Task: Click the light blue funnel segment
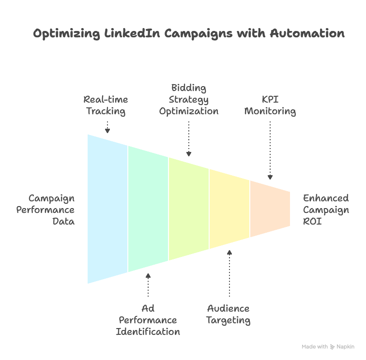click(x=107, y=209)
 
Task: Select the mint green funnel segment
click(x=148, y=209)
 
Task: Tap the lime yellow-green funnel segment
click(x=189, y=209)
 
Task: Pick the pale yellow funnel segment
click(x=229, y=209)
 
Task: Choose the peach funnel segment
click(x=270, y=209)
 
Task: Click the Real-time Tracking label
click(x=106, y=105)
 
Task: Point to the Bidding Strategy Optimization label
click(x=188, y=99)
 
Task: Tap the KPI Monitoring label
click(x=270, y=105)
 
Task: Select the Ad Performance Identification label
click(x=148, y=320)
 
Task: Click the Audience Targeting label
click(x=229, y=314)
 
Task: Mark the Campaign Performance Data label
click(x=51, y=210)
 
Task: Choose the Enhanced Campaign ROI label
click(x=326, y=210)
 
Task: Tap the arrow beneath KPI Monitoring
click(x=270, y=150)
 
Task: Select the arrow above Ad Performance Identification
click(x=148, y=285)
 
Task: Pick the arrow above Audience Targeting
click(x=229, y=273)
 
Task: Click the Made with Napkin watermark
click(x=328, y=347)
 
